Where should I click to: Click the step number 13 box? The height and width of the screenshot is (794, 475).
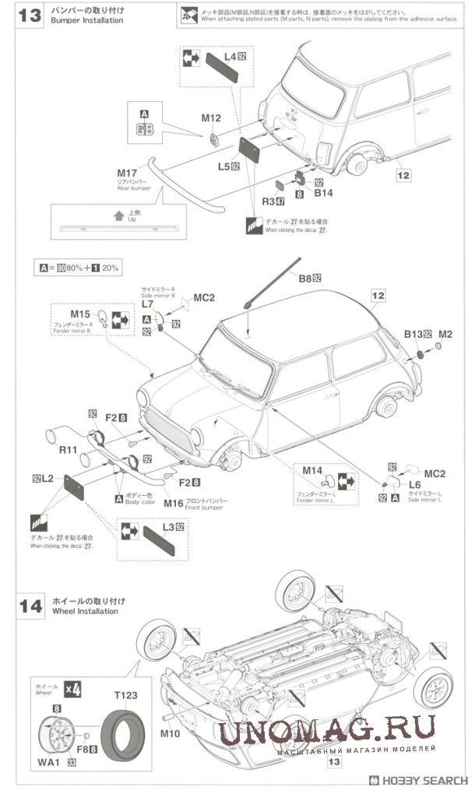point(29,17)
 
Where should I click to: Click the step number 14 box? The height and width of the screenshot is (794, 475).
point(29,606)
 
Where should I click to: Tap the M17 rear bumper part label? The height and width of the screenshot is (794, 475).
point(127,172)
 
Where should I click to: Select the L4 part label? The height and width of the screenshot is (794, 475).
point(230,58)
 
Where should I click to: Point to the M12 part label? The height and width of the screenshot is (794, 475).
point(211,118)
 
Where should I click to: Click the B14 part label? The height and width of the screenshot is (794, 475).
point(323,191)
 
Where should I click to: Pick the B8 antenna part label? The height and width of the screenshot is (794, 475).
point(308,277)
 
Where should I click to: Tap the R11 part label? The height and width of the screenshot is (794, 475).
point(66,450)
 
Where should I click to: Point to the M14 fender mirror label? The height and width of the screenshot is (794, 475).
point(312,471)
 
